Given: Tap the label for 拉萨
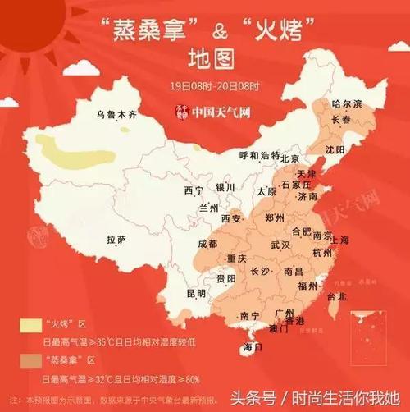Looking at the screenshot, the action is tap(116, 240).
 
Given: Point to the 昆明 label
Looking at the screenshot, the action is tap(197, 292).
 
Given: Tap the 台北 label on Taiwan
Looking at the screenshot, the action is tap(337, 296).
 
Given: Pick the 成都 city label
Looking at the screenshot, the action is tap(207, 244).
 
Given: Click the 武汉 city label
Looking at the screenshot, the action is tap(280, 245).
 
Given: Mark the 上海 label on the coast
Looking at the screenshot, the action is tap(338, 239).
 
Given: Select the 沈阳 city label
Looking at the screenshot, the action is tap(335, 150).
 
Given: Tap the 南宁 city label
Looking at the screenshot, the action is tap(250, 316).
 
